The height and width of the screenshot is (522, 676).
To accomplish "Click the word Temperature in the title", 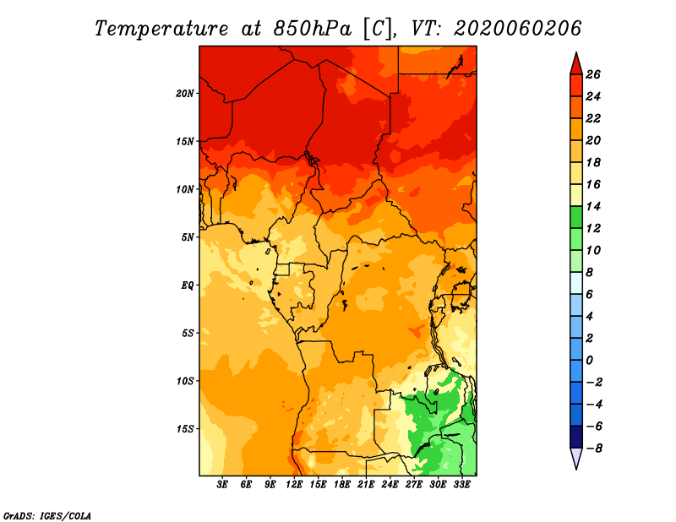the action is [x=161, y=29].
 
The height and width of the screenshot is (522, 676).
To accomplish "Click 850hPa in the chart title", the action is [x=312, y=29].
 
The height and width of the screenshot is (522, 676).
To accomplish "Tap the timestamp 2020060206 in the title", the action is [x=518, y=29].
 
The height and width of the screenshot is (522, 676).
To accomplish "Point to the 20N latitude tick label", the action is [x=185, y=94].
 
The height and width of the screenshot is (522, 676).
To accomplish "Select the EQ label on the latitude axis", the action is [x=188, y=285].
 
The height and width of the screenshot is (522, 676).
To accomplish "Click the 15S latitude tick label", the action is [x=185, y=429].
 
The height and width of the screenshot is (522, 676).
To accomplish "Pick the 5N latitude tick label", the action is [x=188, y=237].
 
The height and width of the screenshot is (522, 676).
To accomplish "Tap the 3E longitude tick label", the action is [x=222, y=484].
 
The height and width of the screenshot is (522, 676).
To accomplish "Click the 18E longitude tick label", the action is [x=342, y=484].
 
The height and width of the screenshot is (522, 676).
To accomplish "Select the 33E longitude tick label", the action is [x=461, y=484].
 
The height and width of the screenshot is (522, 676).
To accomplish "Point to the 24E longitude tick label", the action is [x=390, y=484].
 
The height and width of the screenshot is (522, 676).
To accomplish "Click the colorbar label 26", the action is [x=593, y=74].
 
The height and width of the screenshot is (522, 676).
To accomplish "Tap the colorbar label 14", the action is [x=593, y=206].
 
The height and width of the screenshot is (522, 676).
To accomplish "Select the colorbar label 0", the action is [x=590, y=361].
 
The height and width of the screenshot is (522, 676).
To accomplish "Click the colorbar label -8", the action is [x=595, y=449].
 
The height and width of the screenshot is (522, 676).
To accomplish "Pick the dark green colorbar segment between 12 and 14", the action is [x=576, y=217].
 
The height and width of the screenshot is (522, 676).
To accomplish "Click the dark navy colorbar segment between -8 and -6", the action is [x=576, y=437].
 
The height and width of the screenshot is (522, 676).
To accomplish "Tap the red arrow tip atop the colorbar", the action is [x=576, y=52].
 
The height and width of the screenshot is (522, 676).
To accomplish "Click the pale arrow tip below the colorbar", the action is [x=576, y=469].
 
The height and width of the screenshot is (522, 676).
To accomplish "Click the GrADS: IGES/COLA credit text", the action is [x=47, y=515].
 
